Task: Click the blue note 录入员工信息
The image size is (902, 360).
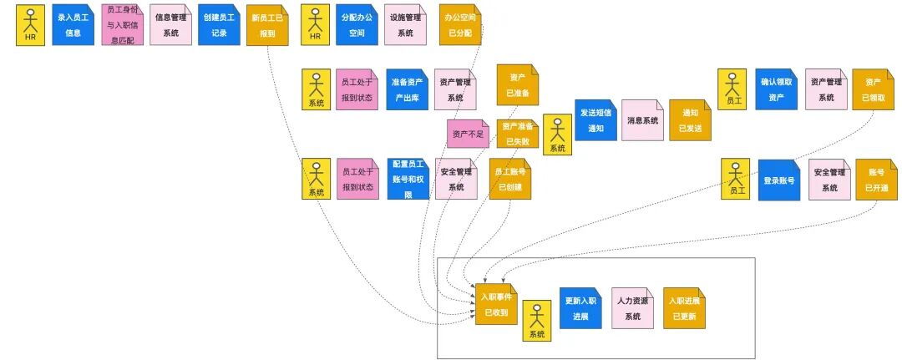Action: coord(73,24)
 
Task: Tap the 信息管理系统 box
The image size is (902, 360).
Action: coord(170,24)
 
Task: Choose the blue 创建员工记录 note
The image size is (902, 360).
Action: coord(219,24)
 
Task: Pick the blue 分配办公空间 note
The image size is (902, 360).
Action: coord(357,24)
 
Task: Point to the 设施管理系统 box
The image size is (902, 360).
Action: coord(405,24)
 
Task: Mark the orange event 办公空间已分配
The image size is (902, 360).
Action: coord(460,25)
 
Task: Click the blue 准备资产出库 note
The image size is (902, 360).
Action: coord(408,89)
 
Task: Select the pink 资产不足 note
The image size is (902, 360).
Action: coord(468,134)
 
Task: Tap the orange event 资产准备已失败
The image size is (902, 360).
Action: coord(518,134)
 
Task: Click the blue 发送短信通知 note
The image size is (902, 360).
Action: coord(595,119)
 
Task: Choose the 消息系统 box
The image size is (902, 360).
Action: coord(642,120)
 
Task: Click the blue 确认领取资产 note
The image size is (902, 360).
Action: coord(776,89)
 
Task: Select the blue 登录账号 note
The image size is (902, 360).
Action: coord(778,180)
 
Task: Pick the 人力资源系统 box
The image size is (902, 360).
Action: coord(632,308)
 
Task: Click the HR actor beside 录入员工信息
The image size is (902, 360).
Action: coord(30,24)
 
